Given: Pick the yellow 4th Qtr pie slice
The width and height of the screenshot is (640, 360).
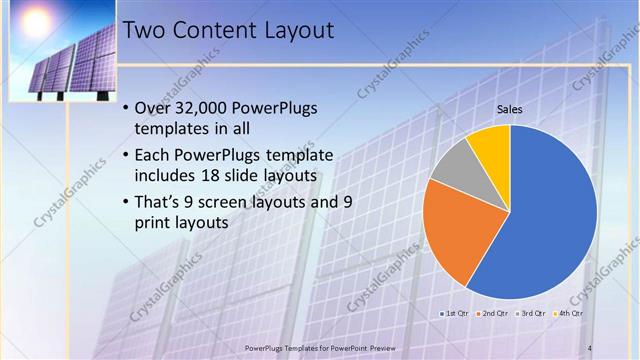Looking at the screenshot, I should pos(491,143).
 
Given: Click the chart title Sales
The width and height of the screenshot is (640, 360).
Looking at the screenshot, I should pos(510,109).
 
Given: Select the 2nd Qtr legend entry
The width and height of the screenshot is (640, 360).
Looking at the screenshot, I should pos(491,313).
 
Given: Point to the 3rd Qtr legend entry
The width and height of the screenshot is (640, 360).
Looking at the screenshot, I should pos(529,313).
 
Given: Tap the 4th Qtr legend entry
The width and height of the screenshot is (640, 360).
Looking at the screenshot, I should pos(567,313).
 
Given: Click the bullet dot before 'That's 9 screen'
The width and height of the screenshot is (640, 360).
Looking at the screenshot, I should pos(124,202).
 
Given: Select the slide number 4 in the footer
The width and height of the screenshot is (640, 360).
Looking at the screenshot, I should pos(590,347).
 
